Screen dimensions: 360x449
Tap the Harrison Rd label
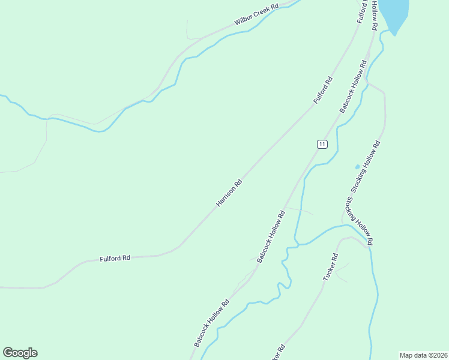pos(229,193)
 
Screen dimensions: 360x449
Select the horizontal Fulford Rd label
pos(115,258)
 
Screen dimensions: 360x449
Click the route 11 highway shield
pos(322,144)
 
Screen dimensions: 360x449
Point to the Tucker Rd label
pos(331,267)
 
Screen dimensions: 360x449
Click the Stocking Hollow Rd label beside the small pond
pos(366,166)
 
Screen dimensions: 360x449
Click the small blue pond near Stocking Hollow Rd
pos(357,167)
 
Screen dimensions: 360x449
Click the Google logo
pos(20,353)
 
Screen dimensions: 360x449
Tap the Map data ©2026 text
pos(423,355)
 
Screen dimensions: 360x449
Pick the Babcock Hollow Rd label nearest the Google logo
pos(211,323)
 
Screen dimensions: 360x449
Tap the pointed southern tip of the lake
pos(394,34)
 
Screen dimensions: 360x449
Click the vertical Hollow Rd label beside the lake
pos(374,16)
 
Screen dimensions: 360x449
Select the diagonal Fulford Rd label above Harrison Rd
pos(322,91)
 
